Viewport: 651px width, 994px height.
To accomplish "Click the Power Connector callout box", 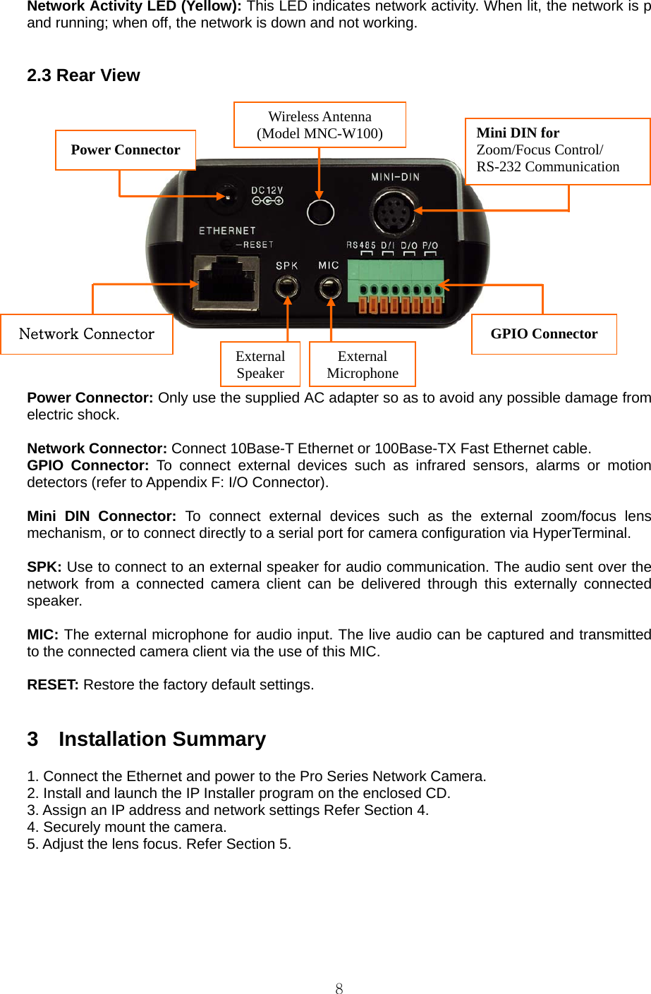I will [126, 150].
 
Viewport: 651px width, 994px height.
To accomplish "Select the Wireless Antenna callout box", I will [320, 125].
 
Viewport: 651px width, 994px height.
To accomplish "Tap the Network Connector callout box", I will [87, 334].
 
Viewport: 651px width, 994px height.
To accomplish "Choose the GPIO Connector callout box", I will [544, 334].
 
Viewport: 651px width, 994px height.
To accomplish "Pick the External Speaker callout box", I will [260, 364].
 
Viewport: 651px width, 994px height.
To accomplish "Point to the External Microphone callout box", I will [363, 364].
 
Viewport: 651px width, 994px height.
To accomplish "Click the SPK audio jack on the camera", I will [286, 287].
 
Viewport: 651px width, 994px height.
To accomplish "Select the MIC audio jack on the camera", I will [329, 287].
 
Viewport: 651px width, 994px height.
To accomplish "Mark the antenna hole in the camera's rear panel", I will [320, 211].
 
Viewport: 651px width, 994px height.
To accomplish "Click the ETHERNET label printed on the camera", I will [227, 231].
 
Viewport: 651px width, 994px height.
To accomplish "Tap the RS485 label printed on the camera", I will [361, 245].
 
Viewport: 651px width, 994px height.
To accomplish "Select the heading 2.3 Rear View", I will [83, 75].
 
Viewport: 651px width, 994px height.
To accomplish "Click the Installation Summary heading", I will [162, 739].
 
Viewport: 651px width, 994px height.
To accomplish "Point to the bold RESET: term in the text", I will [53, 685].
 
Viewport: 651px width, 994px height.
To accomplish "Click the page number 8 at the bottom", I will [339, 988].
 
